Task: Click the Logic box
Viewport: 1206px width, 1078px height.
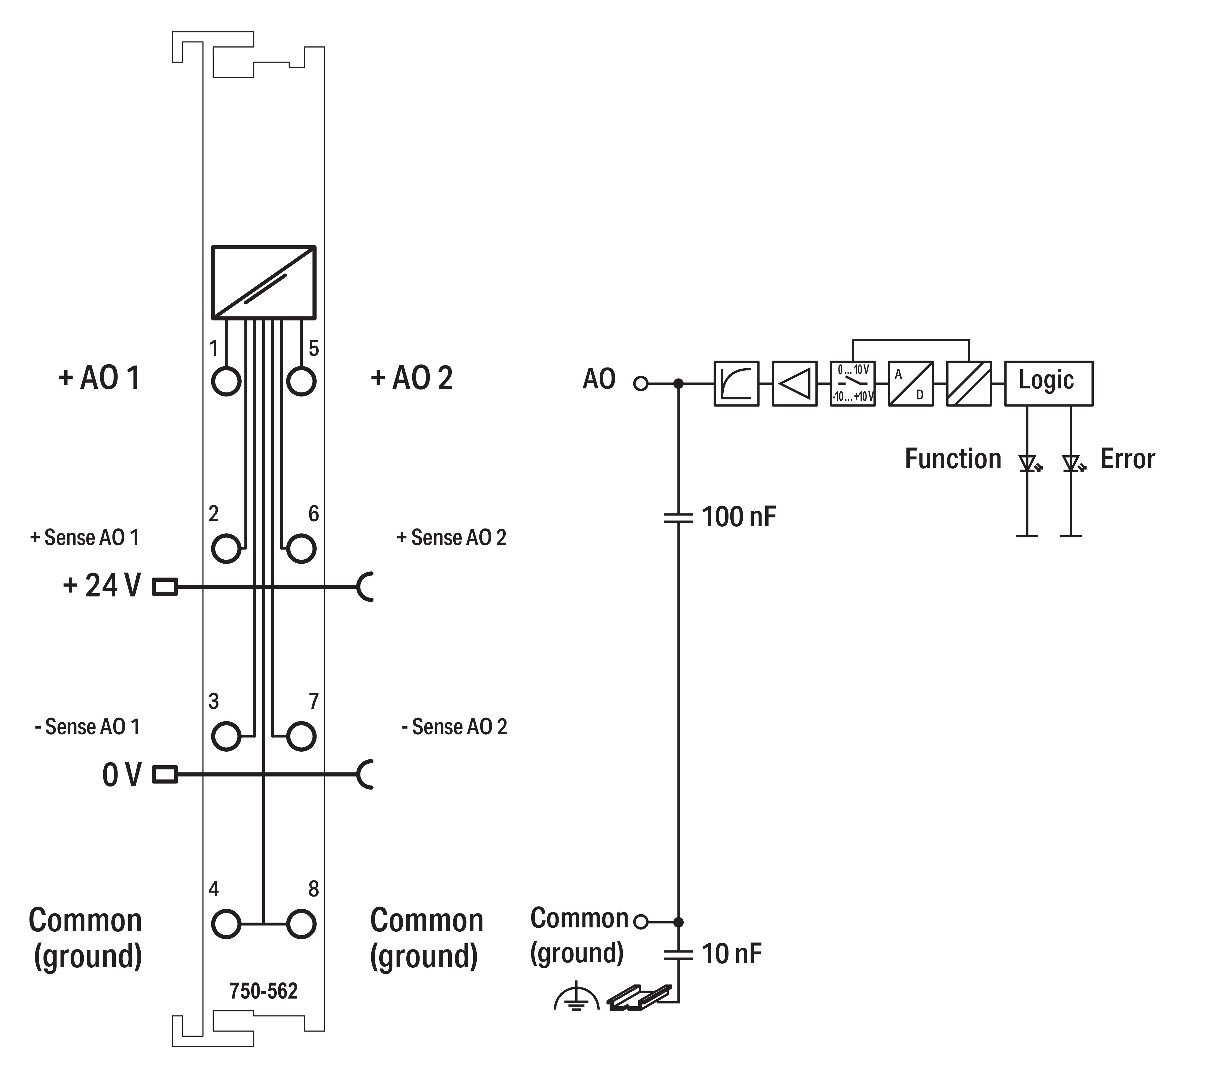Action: [x=1048, y=383]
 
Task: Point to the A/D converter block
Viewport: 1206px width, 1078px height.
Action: [x=910, y=383]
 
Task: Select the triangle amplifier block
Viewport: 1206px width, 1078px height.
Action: [x=794, y=383]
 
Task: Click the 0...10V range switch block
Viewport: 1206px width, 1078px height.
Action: [x=852, y=383]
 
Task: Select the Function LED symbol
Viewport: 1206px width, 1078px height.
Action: [x=1028, y=462]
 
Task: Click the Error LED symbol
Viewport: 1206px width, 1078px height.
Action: [x=1072, y=462]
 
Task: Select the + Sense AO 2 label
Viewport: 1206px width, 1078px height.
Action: [x=451, y=537]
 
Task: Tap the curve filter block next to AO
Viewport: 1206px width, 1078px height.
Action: [x=736, y=383]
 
